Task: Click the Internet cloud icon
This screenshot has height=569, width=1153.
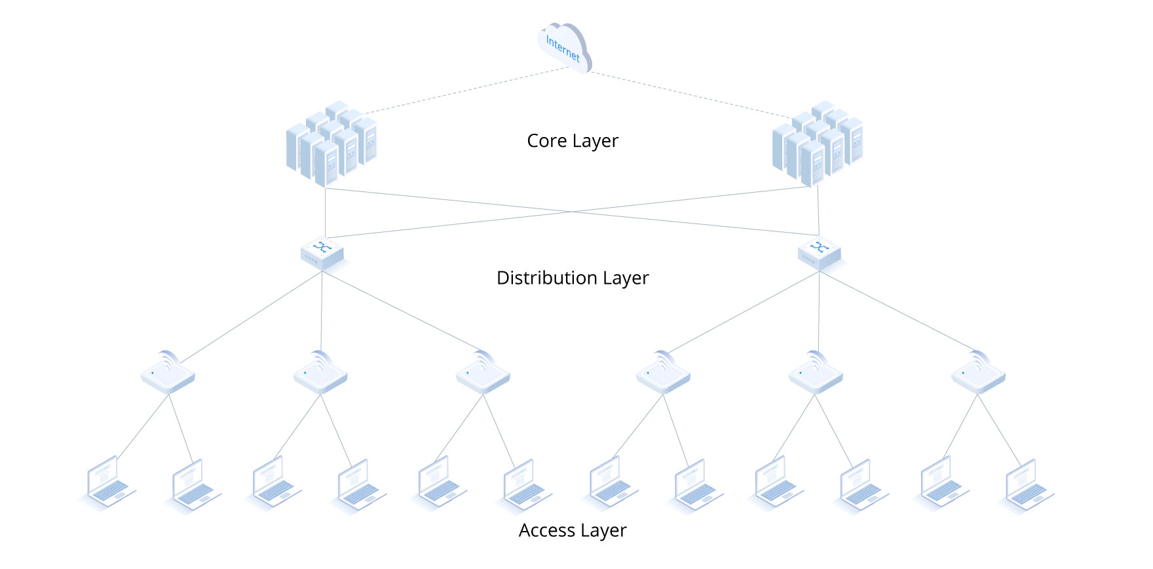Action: click(565, 48)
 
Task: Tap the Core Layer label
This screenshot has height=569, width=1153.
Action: click(573, 141)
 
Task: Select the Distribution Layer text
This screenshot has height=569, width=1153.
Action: click(573, 278)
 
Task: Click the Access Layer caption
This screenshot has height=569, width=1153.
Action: click(573, 530)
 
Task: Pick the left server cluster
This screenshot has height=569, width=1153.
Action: click(332, 144)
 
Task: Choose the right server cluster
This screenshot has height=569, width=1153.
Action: click(818, 144)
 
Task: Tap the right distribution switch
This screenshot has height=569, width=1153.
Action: click(820, 252)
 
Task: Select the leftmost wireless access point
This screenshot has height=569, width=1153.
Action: click(168, 373)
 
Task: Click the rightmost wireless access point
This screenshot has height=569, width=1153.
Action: click(978, 373)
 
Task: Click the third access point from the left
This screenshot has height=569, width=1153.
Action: click(483, 373)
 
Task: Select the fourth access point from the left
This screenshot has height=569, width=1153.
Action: click(663, 373)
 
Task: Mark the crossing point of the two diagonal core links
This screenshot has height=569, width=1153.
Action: click(572, 212)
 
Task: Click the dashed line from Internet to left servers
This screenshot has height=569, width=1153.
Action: click(465, 90)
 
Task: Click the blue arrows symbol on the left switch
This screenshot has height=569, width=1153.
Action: click(322, 246)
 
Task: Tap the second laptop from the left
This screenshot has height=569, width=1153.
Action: click(194, 486)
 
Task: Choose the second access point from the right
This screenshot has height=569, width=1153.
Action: click(816, 373)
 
